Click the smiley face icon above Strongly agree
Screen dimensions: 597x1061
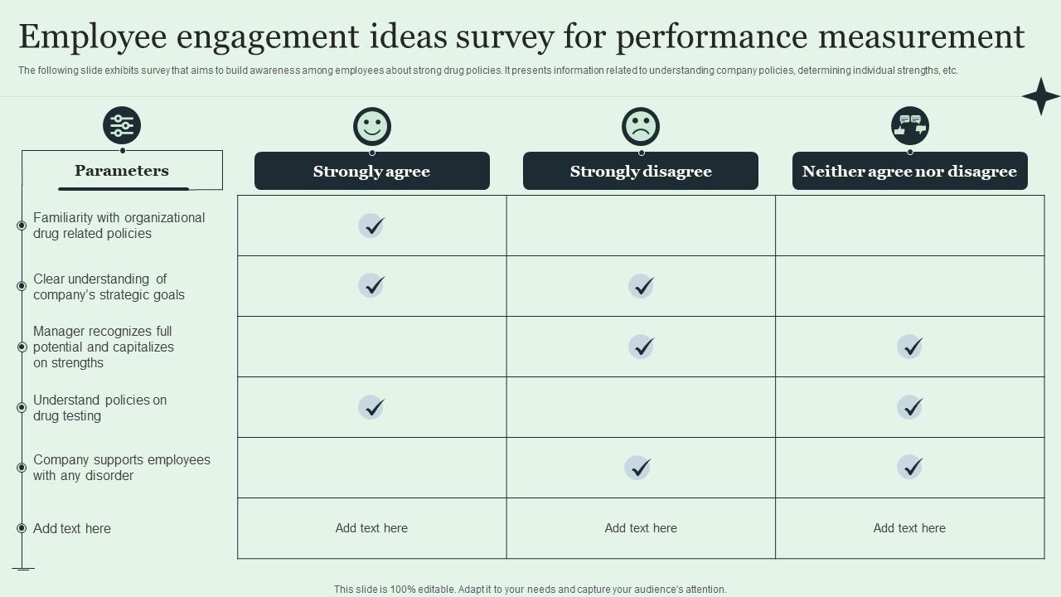[x=371, y=127]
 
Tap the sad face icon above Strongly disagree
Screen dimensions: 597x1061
[x=641, y=127]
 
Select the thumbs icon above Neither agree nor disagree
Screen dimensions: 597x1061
[x=910, y=126]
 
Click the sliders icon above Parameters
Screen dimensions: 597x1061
[x=122, y=126]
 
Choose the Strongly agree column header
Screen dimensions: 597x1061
[x=371, y=172]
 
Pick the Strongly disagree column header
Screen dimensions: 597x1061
[x=641, y=172]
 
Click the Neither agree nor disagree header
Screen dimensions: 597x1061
[x=909, y=172]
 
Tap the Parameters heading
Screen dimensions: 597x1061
[x=122, y=171]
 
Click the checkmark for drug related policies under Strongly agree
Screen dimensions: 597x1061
[x=371, y=226]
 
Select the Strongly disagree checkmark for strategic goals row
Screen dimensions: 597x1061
[x=641, y=286]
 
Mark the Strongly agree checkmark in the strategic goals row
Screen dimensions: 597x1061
[x=371, y=286]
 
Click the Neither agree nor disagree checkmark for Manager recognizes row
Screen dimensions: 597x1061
[x=910, y=347]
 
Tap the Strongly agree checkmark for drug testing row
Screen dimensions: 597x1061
[x=371, y=407]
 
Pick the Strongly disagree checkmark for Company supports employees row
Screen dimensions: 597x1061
[x=637, y=468]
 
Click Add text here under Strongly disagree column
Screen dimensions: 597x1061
[x=641, y=528]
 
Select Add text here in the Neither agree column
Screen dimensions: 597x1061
[x=909, y=528]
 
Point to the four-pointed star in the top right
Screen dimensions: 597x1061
[x=1040, y=96]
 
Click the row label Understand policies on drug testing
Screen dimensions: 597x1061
[x=99, y=408]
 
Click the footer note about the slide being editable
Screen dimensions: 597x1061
[x=530, y=590]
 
